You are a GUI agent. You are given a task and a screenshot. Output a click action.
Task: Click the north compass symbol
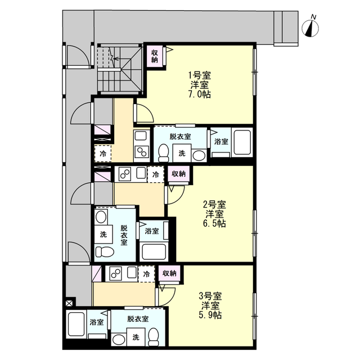310,28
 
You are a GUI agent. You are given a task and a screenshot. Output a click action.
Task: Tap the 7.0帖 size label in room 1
200,94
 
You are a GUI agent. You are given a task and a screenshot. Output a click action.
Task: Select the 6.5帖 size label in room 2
214,223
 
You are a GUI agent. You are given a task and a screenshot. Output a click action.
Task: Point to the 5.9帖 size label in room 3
210,315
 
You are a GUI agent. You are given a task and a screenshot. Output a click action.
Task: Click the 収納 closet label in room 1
155,56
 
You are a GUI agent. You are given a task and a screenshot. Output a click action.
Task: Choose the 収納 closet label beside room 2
178,174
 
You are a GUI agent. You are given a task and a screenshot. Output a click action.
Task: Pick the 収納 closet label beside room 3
169,273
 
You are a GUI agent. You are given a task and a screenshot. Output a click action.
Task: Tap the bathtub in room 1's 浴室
242,142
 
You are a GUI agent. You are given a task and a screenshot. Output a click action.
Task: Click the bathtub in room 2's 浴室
154,251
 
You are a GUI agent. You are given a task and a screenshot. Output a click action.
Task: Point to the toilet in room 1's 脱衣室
164,153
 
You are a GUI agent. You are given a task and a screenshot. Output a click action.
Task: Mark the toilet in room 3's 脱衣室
154,336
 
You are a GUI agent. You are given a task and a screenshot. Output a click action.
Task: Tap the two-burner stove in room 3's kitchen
116,273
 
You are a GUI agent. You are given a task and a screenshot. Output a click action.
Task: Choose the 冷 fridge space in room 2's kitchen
156,174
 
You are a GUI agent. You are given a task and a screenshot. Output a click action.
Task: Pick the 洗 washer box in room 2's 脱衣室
103,235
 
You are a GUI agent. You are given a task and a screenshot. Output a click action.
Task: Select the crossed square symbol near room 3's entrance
69,304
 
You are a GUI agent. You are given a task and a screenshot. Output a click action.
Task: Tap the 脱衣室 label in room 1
180,137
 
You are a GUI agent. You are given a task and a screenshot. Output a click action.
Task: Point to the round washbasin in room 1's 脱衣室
199,156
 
